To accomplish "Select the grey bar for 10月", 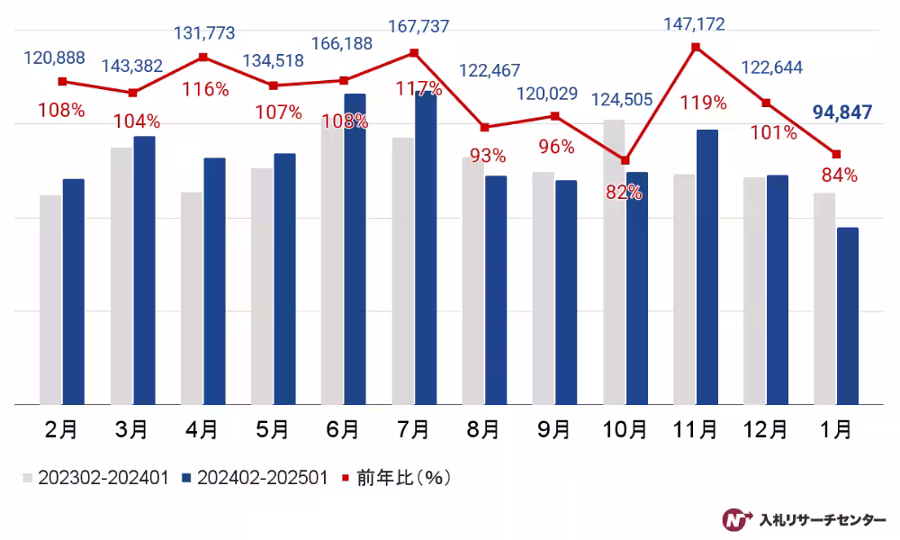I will (614, 262).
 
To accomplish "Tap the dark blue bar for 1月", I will (847, 316).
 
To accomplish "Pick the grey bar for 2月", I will (50, 300).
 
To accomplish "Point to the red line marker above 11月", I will (696, 46).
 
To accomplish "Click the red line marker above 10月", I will (625, 161).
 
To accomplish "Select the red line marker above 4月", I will (203, 57).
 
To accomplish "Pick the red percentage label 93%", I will (488, 156).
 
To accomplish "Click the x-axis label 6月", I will (342, 430).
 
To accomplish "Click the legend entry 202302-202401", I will (94, 478).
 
